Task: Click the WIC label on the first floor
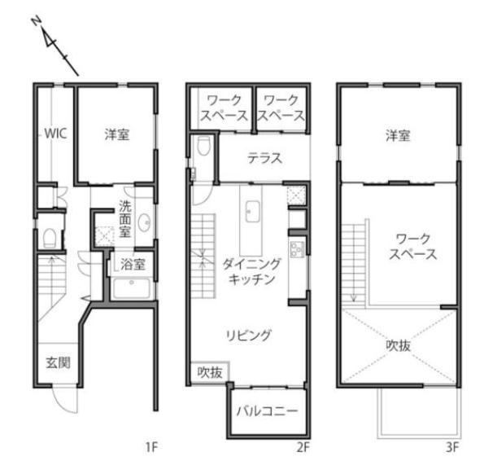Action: click(x=55, y=134)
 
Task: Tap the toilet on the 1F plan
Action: click(x=49, y=238)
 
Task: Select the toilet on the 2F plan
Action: click(x=203, y=146)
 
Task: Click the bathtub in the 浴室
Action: click(x=132, y=288)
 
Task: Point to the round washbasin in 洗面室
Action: click(x=144, y=222)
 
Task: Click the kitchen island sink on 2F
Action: click(x=252, y=212)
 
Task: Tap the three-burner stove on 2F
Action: click(x=296, y=248)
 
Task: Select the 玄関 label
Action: click(x=58, y=362)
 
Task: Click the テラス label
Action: click(x=265, y=158)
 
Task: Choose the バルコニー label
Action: click(x=268, y=411)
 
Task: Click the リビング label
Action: click(x=249, y=336)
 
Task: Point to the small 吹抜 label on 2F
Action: click(x=210, y=372)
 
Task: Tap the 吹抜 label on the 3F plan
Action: click(x=399, y=345)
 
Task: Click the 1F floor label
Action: click(x=152, y=447)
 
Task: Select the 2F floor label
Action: click(x=303, y=447)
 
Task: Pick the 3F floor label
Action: click(x=453, y=447)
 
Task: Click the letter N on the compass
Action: click(x=37, y=21)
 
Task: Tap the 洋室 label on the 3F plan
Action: click(x=398, y=136)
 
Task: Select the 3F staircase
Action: click(x=353, y=263)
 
